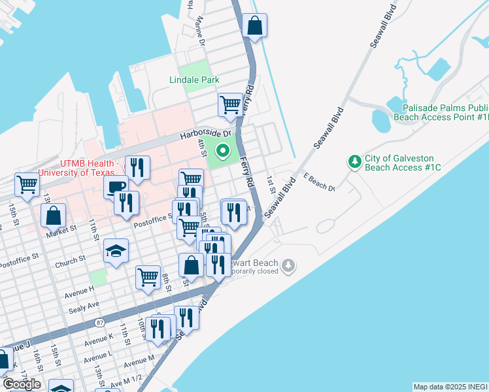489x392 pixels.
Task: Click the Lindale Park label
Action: pyautogui.click(x=194, y=80)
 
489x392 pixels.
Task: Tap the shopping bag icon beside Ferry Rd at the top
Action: pyautogui.click(x=255, y=27)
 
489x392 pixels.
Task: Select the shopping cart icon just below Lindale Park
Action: pyautogui.click(x=230, y=105)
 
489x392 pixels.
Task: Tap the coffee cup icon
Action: pyautogui.click(x=116, y=187)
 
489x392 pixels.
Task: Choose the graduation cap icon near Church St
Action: pyautogui.click(x=116, y=252)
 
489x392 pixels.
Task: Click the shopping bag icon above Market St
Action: pyautogui.click(x=53, y=215)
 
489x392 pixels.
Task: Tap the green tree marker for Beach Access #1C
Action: pyautogui.click(x=355, y=161)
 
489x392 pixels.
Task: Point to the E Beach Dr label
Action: pyautogui.click(x=318, y=182)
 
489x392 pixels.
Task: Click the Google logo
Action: pyautogui.click(x=22, y=384)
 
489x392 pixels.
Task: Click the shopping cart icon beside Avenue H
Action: pyautogui.click(x=148, y=277)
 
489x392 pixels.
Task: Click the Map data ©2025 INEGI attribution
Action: pyautogui.click(x=450, y=387)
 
